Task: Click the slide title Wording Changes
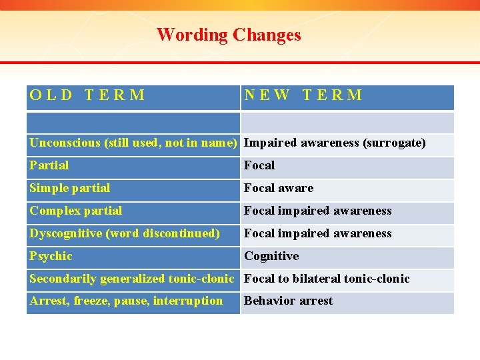click(229, 35)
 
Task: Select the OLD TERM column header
click(87, 95)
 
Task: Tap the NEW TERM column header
click(303, 95)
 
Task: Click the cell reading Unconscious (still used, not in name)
click(133, 143)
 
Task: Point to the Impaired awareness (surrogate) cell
click(335, 143)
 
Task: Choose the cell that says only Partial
click(49, 165)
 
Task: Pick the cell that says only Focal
click(259, 165)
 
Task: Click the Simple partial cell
click(70, 188)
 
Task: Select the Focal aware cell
click(279, 188)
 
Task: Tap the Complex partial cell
click(76, 211)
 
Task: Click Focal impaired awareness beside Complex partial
click(318, 211)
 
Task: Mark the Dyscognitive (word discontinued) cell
click(125, 233)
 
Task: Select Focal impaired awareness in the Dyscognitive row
click(318, 233)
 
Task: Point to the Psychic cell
click(51, 256)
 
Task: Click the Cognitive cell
click(271, 256)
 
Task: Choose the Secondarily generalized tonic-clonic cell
click(132, 279)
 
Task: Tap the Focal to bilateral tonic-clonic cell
click(327, 279)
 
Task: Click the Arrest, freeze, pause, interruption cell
click(126, 301)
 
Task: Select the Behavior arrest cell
click(288, 301)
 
